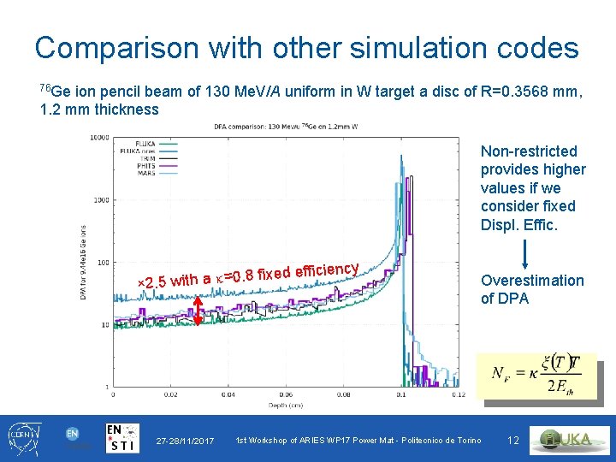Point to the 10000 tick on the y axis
(100, 137)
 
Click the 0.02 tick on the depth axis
(170, 395)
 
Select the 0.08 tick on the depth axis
(343, 395)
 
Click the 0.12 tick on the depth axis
(459, 395)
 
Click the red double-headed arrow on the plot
(198, 309)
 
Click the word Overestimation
(532, 281)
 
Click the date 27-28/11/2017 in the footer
(186, 441)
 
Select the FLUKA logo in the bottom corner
(570, 440)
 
